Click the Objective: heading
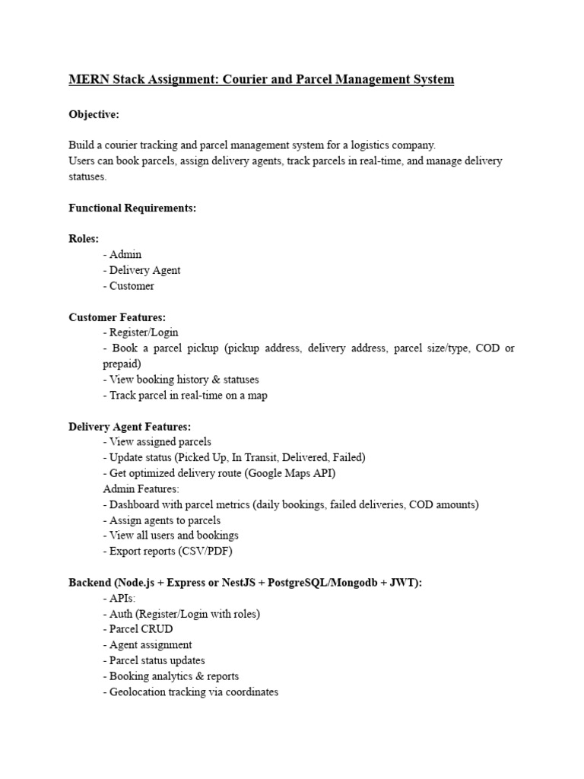coord(94,114)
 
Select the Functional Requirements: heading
coord(132,208)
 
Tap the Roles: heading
coord(84,239)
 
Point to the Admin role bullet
coord(122,254)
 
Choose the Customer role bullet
coord(129,286)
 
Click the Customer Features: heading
coord(117,317)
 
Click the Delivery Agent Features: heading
coord(130,427)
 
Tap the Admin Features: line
coord(141,489)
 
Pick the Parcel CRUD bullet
coord(138,629)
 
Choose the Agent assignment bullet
coord(148,645)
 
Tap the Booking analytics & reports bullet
coord(171,676)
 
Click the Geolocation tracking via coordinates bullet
coord(191,692)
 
